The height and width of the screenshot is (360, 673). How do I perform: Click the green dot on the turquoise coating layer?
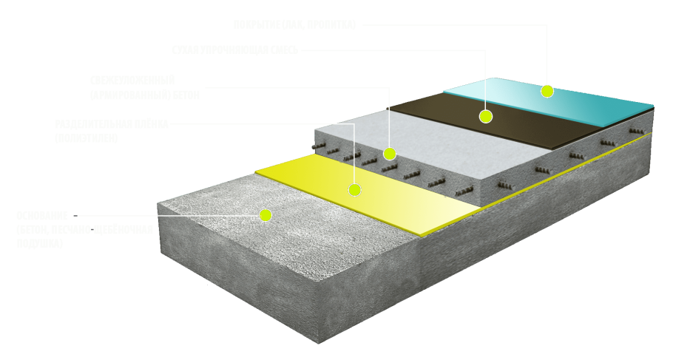[x=547, y=91]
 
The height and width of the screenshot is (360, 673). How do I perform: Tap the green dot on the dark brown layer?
[x=486, y=116]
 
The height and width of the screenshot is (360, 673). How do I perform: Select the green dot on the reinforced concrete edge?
[x=390, y=154]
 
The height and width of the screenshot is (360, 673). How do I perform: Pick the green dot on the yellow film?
[x=355, y=190]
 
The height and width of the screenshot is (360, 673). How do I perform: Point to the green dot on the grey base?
[x=266, y=215]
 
